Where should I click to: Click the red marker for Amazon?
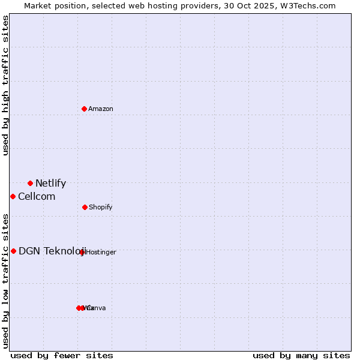coord(85,109)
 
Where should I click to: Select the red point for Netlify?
coord(30,183)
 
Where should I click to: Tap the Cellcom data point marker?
coord(13,196)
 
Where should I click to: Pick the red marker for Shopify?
coord(85,207)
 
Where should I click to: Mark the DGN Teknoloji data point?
coord(13,251)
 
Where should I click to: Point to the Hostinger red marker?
coord(82,252)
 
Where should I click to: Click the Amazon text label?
coord(101,109)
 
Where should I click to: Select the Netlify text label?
coord(50,184)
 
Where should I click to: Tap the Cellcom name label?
coord(37,197)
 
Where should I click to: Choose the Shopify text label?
coord(101,207)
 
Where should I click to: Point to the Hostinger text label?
coord(101,253)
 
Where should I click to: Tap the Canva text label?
coord(97,308)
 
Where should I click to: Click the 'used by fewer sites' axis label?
coord(62,355)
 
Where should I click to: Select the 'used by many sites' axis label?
coord(301,355)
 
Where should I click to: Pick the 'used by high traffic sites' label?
coord(6,85)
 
